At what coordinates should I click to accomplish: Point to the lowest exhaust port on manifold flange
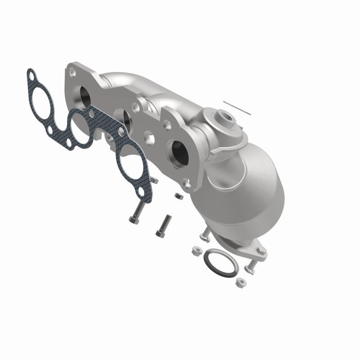click(177, 153)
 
